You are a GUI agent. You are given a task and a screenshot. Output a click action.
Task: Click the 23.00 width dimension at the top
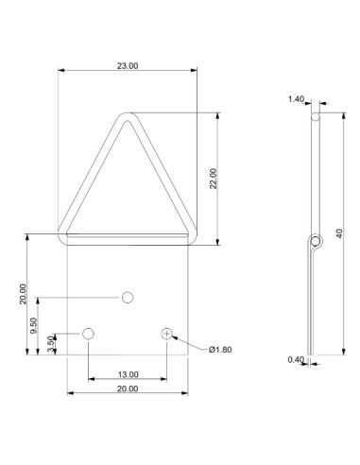coord(128,65)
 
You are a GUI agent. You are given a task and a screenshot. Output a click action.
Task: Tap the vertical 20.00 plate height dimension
coord(23,295)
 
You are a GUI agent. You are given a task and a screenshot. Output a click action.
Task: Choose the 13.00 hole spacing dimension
coord(128,373)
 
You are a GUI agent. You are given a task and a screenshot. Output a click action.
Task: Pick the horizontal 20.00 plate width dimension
coord(128,387)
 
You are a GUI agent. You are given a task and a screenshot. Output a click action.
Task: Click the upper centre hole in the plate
coord(128,298)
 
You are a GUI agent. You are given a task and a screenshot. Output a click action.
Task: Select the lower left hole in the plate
coord(89,334)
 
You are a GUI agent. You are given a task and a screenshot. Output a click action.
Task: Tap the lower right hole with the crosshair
coord(167,334)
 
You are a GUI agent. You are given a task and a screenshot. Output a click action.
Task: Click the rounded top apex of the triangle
coord(128,116)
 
